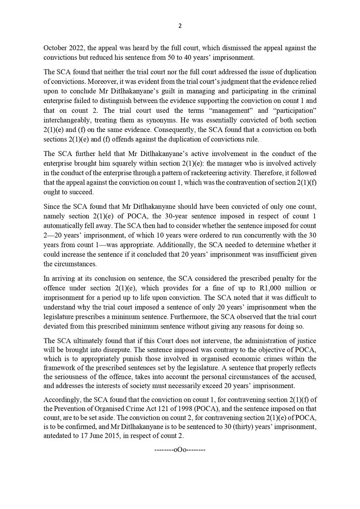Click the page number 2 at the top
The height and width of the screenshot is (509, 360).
point(179,26)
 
